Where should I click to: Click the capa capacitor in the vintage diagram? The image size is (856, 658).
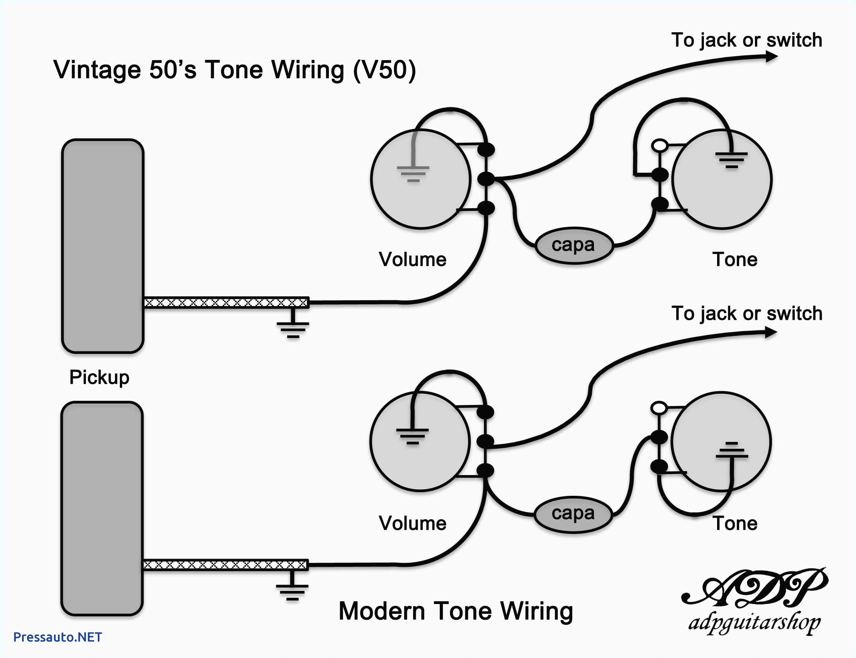(x=574, y=245)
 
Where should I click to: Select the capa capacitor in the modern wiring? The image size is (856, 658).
(x=573, y=514)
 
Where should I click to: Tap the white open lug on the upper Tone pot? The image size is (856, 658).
(x=660, y=146)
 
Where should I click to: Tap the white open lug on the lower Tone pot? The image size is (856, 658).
(x=659, y=408)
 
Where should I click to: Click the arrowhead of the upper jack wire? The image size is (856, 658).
(x=771, y=57)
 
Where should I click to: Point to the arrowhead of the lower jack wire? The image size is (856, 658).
(x=770, y=333)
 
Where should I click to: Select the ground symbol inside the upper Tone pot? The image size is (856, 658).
(x=731, y=160)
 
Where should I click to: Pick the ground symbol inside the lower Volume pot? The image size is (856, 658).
(x=412, y=436)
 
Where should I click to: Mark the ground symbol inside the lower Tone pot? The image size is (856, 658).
(x=731, y=450)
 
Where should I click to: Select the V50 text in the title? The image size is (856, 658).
(x=384, y=70)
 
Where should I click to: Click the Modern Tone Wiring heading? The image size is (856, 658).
(x=455, y=611)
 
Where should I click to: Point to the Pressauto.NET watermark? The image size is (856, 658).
(x=58, y=637)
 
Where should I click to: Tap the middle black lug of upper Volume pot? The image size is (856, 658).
(x=486, y=179)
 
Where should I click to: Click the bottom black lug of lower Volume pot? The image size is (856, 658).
(x=485, y=470)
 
